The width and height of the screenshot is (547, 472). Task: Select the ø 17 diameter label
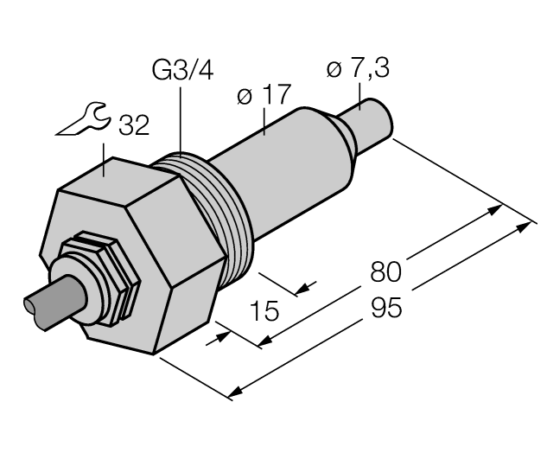pyautogui.click(x=264, y=96)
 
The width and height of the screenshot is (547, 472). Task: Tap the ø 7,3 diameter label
pyautogui.click(x=359, y=69)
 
